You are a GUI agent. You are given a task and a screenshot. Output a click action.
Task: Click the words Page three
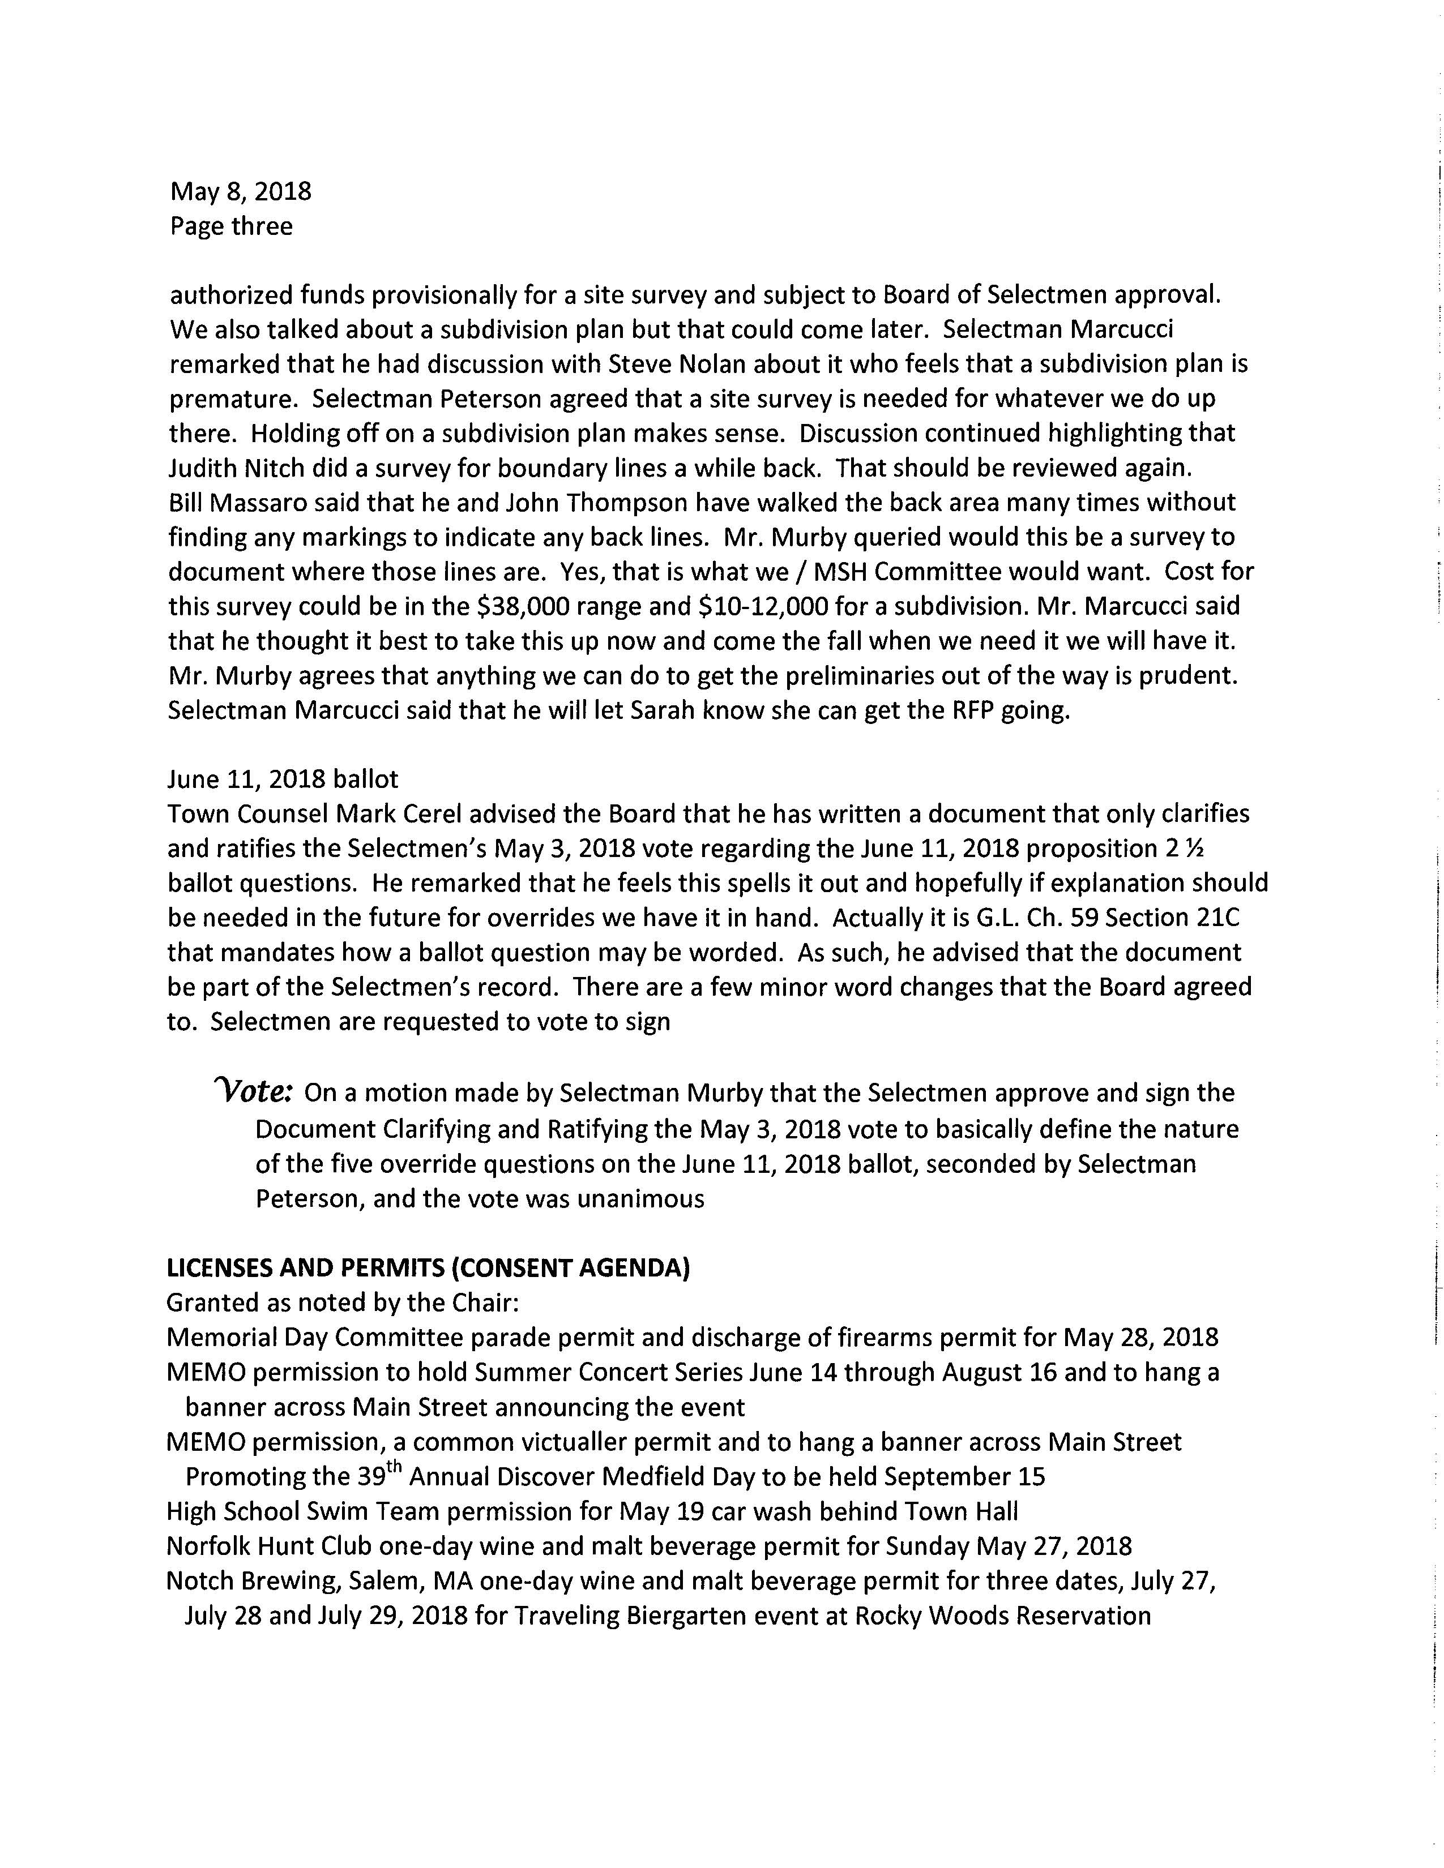pyautogui.click(x=231, y=226)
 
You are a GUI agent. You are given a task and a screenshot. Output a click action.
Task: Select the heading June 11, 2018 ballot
pyautogui.click(x=283, y=779)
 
